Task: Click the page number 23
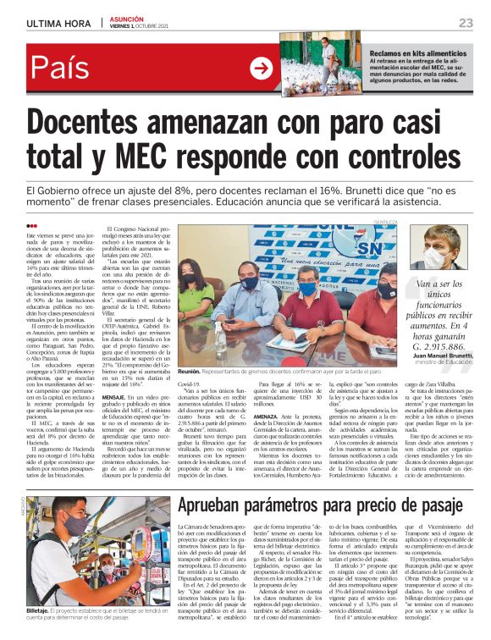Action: (x=466, y=22)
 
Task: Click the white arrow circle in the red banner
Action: (x=261, y=68)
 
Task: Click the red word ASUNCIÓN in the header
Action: (x=128, y=19)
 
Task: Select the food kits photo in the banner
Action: (x=322, y=64)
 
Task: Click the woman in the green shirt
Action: (x=196, y=301)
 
